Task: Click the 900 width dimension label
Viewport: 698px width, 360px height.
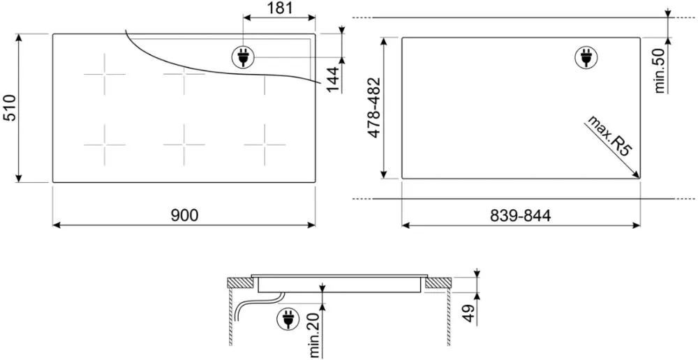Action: click(x=184, y=216)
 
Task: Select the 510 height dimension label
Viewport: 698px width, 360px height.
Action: click(x=10, y=107)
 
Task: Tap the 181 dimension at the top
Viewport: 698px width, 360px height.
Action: click(x=280, y=8)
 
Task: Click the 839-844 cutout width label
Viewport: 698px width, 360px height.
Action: click(x=521, y=216)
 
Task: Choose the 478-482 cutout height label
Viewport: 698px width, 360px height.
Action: click(x=375, y=107)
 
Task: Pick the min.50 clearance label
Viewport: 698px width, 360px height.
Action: click(x=660, y=70)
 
